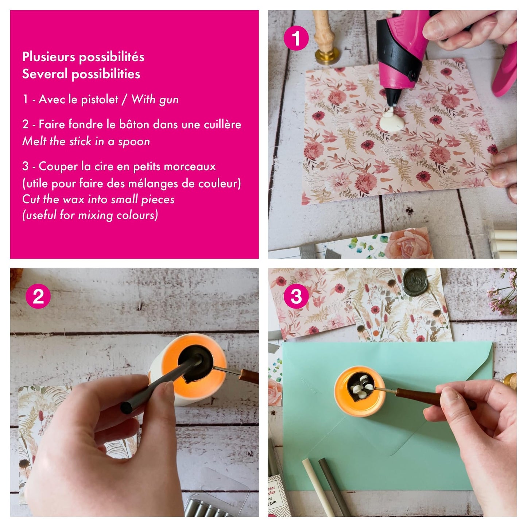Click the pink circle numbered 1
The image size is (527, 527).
(296, 38)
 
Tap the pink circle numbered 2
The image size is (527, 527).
(38, 296)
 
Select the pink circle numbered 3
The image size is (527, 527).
(296, 296)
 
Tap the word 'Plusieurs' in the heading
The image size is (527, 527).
(49, 57)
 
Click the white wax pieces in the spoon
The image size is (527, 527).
(361, 386)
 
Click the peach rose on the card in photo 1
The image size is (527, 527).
(408, 244)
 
